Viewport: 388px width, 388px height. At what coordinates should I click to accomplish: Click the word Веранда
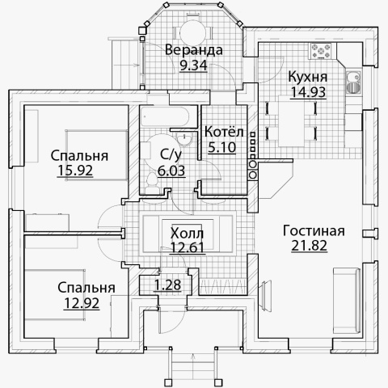click(193, 50)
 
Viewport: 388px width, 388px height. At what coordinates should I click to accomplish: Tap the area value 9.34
click(193, 65)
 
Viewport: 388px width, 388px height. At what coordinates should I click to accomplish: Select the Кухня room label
click(308, 77)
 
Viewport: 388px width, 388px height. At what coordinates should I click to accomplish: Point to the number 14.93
click(308, 92)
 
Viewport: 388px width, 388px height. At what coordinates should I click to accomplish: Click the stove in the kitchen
click(321, 51)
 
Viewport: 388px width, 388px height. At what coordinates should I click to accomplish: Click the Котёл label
click(224, 132)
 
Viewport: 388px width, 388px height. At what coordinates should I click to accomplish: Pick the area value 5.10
click(222, 147)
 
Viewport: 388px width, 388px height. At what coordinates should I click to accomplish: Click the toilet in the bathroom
click(151, 183)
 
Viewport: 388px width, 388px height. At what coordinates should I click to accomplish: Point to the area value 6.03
click(171, 171)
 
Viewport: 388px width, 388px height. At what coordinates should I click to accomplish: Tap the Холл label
click(187, 234)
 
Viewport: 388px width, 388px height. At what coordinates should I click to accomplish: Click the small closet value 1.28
click(167, 285)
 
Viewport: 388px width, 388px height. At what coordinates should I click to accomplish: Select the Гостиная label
click(314, 231)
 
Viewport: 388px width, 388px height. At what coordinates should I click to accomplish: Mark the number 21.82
click(310, 246)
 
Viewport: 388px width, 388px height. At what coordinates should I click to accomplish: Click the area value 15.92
click(75, 171)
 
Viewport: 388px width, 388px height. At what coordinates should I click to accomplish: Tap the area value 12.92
click(82, 303)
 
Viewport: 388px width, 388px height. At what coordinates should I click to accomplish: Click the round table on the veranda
click(193, 33)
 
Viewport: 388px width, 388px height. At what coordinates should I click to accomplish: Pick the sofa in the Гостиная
click(347, 301)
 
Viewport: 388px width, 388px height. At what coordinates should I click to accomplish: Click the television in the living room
click(265, 296)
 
